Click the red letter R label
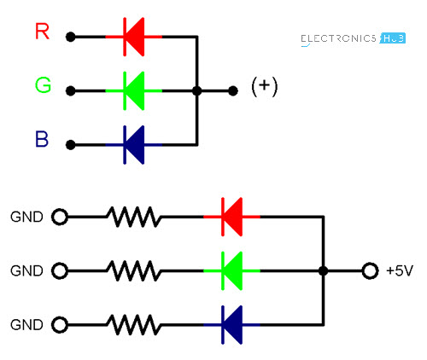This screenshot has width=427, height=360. tap(43, 33)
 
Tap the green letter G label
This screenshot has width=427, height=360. tap(43, 85)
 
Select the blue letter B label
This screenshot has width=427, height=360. tap(43, 139)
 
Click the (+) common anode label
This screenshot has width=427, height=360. tap(265, 87)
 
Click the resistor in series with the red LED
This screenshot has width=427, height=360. tap(134, 217)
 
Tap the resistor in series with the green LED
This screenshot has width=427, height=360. tap(134, 271)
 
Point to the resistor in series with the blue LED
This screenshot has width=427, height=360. tap(134, 325)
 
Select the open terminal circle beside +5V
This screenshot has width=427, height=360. tap(369, 271)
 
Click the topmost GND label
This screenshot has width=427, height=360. tap(26, 217)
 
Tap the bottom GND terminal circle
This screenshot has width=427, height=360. tap(59, 325)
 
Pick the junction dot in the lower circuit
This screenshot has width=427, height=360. tap(323, 271)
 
